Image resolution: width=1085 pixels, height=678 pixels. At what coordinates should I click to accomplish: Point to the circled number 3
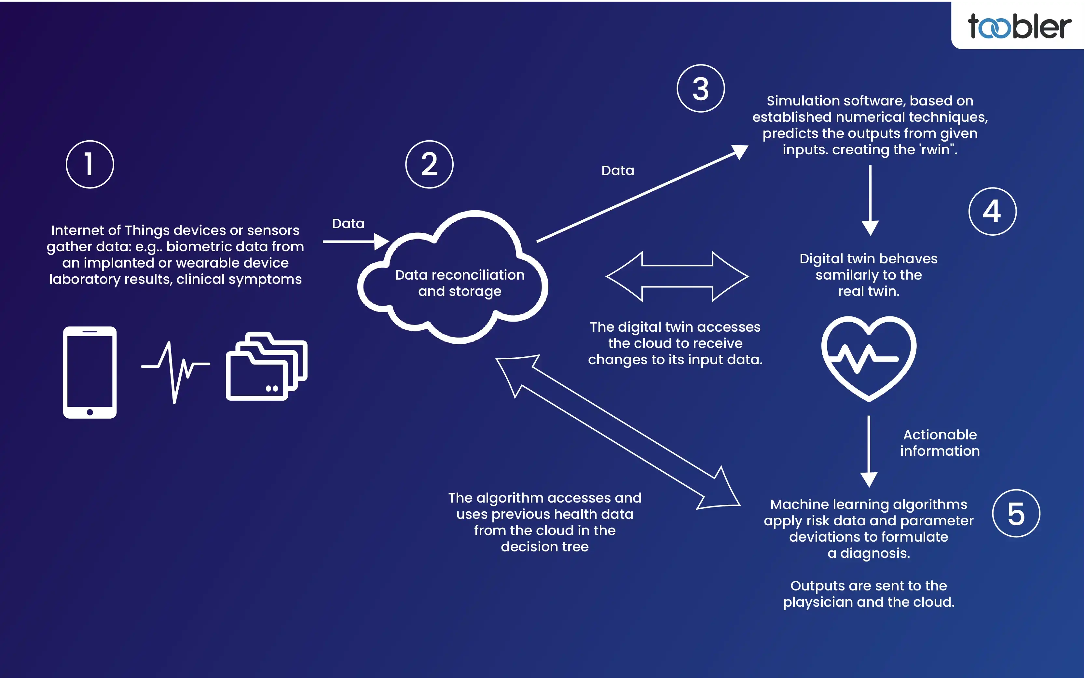(x=700, y=88)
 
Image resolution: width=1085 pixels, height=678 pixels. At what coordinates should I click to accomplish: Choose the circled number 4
(x=992, y=211)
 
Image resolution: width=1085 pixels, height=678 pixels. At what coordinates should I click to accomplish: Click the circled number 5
(x=1016, y=513)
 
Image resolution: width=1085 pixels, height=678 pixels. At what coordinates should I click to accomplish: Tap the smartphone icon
(x=90, y=372)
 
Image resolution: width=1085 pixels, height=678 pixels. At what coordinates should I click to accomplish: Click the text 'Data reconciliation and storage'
(x=460, y=283)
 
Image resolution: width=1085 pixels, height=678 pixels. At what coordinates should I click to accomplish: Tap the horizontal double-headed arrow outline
(x=677, y=276)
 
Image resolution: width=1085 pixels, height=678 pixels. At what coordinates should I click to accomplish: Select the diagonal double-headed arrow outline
(x=618, y=432)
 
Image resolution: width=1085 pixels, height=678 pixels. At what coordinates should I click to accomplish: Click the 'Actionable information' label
(x=940, y=443)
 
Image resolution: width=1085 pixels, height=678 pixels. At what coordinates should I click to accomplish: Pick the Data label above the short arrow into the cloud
(x=348, y=223)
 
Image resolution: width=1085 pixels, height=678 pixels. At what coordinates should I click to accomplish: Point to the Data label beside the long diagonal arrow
(x=617, y=171)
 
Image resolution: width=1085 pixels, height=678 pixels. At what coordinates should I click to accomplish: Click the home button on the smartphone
(x=90, y=412)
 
